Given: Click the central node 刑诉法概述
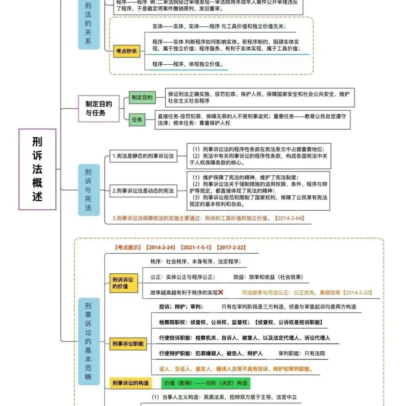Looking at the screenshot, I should point(37,169).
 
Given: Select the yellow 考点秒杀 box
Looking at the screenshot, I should point(127,52).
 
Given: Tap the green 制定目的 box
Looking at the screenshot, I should point(142,98).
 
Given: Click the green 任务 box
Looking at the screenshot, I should point(137,120).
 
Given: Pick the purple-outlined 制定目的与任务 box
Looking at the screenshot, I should point(98,108).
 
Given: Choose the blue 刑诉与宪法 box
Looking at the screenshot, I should point(89,189).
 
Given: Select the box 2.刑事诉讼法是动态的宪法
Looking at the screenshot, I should point(143,191).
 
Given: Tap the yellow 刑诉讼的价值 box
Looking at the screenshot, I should point(123,283).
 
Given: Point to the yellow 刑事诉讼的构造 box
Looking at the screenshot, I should point(130,383).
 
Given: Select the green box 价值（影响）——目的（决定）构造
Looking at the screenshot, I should point(206,383).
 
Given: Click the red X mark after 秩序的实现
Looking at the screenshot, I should point(221,292).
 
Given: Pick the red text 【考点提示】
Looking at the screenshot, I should point(127,247).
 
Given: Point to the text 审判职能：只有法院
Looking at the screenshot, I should point(302,353).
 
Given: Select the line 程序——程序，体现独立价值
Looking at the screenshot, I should point(188,64).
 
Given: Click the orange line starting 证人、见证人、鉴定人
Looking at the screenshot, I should point(231,368).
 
